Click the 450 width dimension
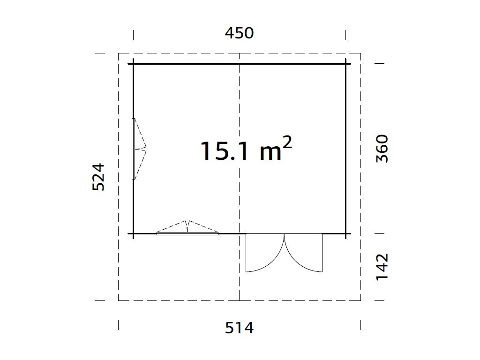[x=240, y=33]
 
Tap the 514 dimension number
[x=240, y=328]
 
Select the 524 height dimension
[x=98, y=177]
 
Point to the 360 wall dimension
[x=382, y=149]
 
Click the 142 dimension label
[x=382, y=267]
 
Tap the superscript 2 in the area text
[x=287, y=142]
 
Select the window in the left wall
[x=139, y=149]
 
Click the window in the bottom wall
[x=187, y=228]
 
